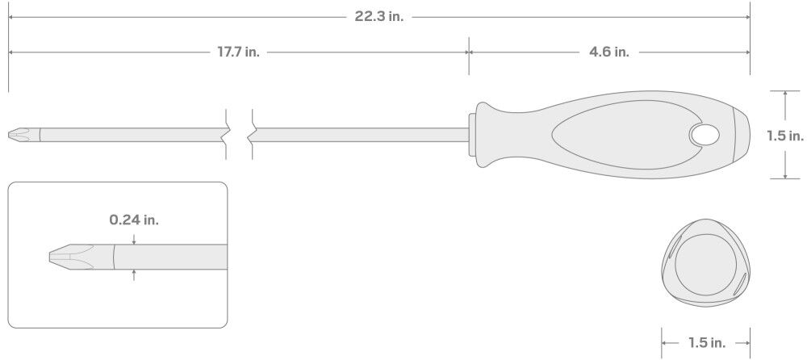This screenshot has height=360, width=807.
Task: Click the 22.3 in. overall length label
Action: coord(378,16)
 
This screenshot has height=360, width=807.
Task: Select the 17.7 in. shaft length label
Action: coord(238,52)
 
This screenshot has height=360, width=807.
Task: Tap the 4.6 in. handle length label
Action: coord(608,52)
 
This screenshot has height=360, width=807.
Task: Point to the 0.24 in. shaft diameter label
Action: coord(134,220)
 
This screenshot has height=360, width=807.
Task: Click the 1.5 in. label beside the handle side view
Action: coord(785,136)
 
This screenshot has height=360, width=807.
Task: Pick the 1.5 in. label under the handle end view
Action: coord(707,342)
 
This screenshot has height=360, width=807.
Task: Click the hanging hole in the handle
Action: coord(705,135)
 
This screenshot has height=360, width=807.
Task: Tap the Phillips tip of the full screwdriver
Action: coord(24,135)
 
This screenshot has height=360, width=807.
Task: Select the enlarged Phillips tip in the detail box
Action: coord(82,257)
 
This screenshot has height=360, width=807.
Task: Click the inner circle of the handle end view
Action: coord(705,265)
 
